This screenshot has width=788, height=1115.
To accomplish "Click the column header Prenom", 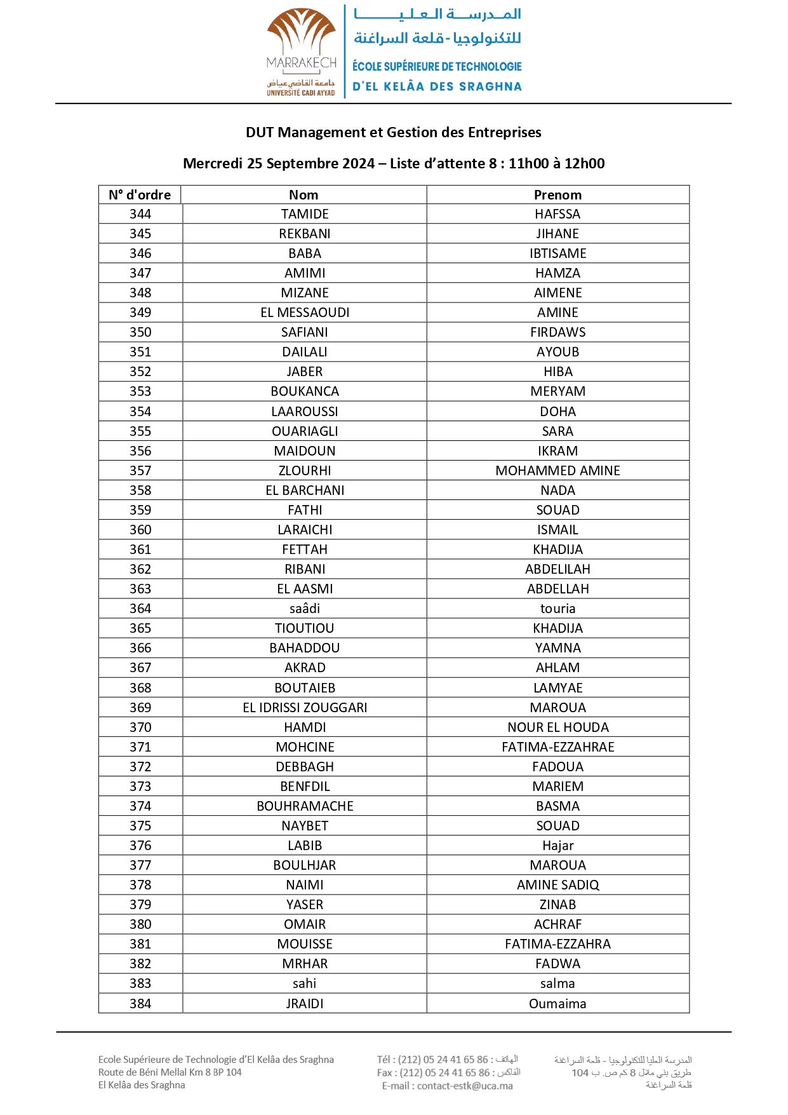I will pyautogui.click(x=558, y=195).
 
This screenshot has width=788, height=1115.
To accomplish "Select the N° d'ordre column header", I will pyautogui.click(x=140, y=195).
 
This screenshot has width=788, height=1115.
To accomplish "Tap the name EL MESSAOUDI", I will pyautogui.click(x=305, y=313).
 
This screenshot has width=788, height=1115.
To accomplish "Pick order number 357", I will pyautogui.click(x=140, y=471).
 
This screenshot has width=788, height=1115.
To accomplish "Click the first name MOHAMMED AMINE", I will pyautogui.click(x=558, y=471).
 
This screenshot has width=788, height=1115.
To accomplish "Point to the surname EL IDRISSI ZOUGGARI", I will pyautogui.click(x=305, y=708).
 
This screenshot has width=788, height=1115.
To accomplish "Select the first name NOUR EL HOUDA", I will pyautogui.click(x=558, y=727).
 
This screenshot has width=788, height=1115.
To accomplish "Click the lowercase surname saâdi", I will pyautogui.click(x=305, y=609).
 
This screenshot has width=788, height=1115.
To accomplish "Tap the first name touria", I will pyautogui.click(x=558, y=609).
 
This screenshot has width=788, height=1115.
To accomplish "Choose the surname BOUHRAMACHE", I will pyautogui.click(x=305, y=806).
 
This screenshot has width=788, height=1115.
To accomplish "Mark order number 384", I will pyautogui.click(x=140, y=1004).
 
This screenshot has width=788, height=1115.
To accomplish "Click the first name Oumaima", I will pyautogui.click(x=558, y=1004).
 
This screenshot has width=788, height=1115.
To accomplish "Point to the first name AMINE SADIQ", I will pyautogui.click(x=558, y=885).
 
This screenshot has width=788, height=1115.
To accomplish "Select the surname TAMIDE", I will pyautogui.click(x=305, y=214).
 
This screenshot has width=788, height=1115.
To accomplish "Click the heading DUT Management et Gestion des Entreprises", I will pyautogui.click(x=394, y=133).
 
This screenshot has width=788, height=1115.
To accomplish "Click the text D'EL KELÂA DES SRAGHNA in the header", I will pyautogui.click(x=437, y=86).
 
